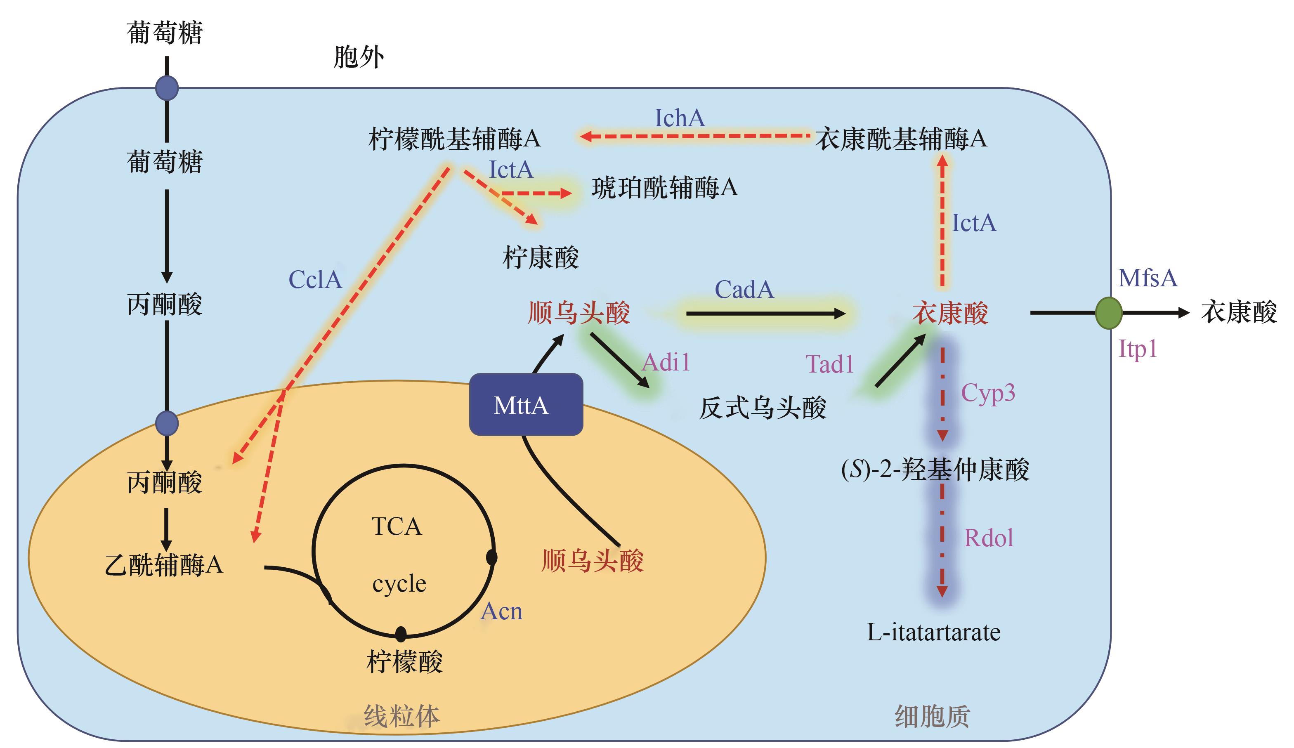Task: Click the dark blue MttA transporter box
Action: (526, 405)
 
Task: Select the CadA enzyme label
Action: (744, 290)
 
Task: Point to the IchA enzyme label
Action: (679, 118)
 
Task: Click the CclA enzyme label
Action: (315, 280)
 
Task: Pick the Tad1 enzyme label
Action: (829, 364)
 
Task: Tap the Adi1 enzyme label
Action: (666, 363)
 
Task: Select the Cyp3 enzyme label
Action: (987, 393)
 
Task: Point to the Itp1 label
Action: (1137, 349)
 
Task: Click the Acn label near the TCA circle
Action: (501, 611)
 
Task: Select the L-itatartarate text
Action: (933, 632)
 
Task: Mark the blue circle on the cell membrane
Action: (167, 88)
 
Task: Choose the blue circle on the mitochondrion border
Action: (167, 424)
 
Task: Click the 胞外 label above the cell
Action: (359, 57)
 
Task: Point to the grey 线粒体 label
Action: (401, 716)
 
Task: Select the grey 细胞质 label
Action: (932, 716)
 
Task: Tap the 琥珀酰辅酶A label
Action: (664, 188)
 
